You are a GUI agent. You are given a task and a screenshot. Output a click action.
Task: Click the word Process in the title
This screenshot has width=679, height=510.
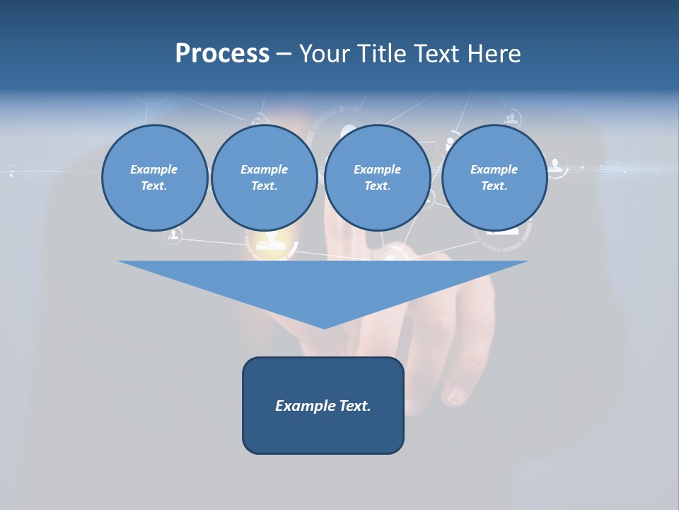[222, 53]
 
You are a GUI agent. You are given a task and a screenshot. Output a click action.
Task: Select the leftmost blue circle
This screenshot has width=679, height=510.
[154, 178]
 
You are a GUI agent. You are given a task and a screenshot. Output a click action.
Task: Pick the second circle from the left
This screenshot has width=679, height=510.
[264, 178]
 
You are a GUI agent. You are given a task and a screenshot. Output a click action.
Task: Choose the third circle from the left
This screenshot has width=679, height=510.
[377, 178]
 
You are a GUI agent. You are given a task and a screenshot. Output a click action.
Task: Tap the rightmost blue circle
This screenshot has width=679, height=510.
[494, 178]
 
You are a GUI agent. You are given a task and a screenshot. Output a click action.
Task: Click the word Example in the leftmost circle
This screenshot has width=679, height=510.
[154, 169]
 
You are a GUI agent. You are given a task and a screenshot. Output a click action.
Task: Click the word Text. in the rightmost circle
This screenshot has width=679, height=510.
[494, 186]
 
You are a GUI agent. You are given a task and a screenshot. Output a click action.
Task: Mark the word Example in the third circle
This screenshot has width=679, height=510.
[377, 169]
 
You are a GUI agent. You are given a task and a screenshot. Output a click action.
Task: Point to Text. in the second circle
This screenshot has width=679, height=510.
[264, 186]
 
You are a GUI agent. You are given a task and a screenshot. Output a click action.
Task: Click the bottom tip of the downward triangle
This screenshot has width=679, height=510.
[324, 327]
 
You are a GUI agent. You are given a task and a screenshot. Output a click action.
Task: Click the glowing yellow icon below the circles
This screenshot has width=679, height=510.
[271, 243]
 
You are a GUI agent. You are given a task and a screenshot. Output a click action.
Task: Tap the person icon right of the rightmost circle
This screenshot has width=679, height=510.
[557, 166]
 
